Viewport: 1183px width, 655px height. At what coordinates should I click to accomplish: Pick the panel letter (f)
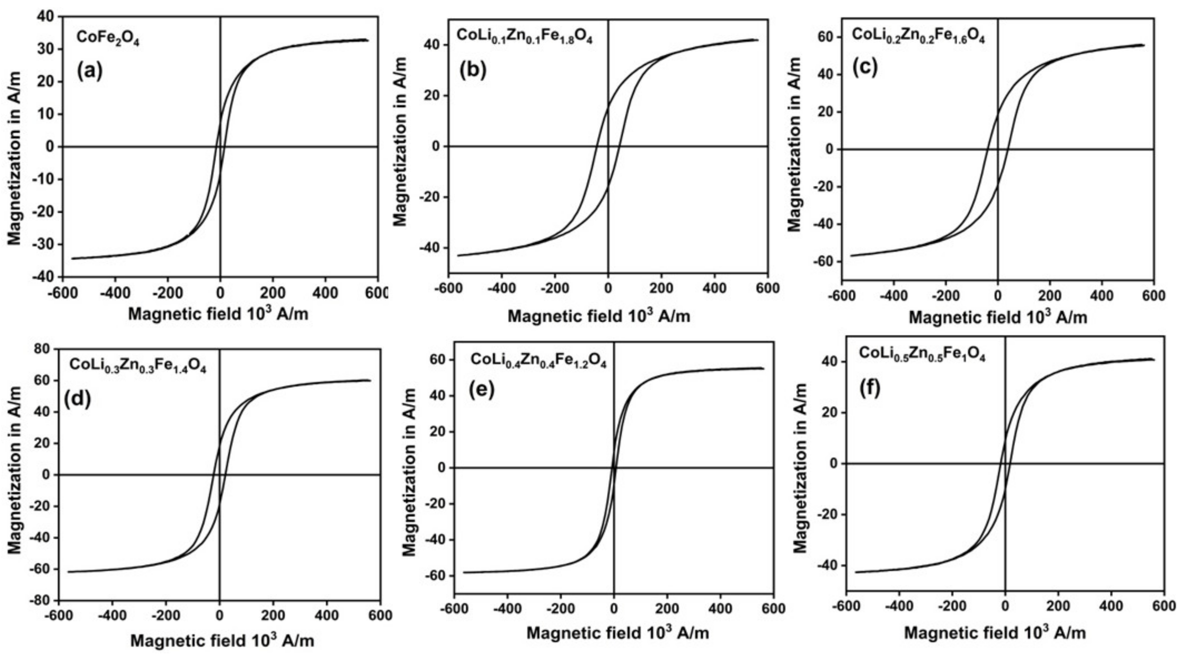pyautogui.click(x=869, y=388)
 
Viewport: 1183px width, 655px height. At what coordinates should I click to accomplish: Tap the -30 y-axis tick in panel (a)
pyautogui.click(x=42, y=244)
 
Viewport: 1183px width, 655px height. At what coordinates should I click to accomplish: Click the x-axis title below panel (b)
pyautogui.click(x=598, y=316)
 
